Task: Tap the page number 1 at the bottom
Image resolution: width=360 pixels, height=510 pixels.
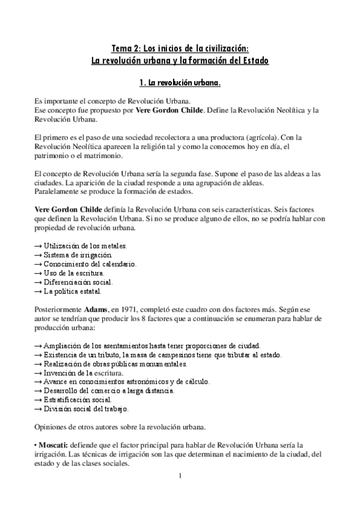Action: [180, 476]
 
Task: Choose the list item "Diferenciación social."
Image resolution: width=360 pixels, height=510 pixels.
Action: [78, 282]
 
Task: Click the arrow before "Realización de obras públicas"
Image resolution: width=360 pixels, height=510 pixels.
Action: [38, 364]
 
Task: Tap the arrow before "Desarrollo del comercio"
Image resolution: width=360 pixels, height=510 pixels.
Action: [38, 391]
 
